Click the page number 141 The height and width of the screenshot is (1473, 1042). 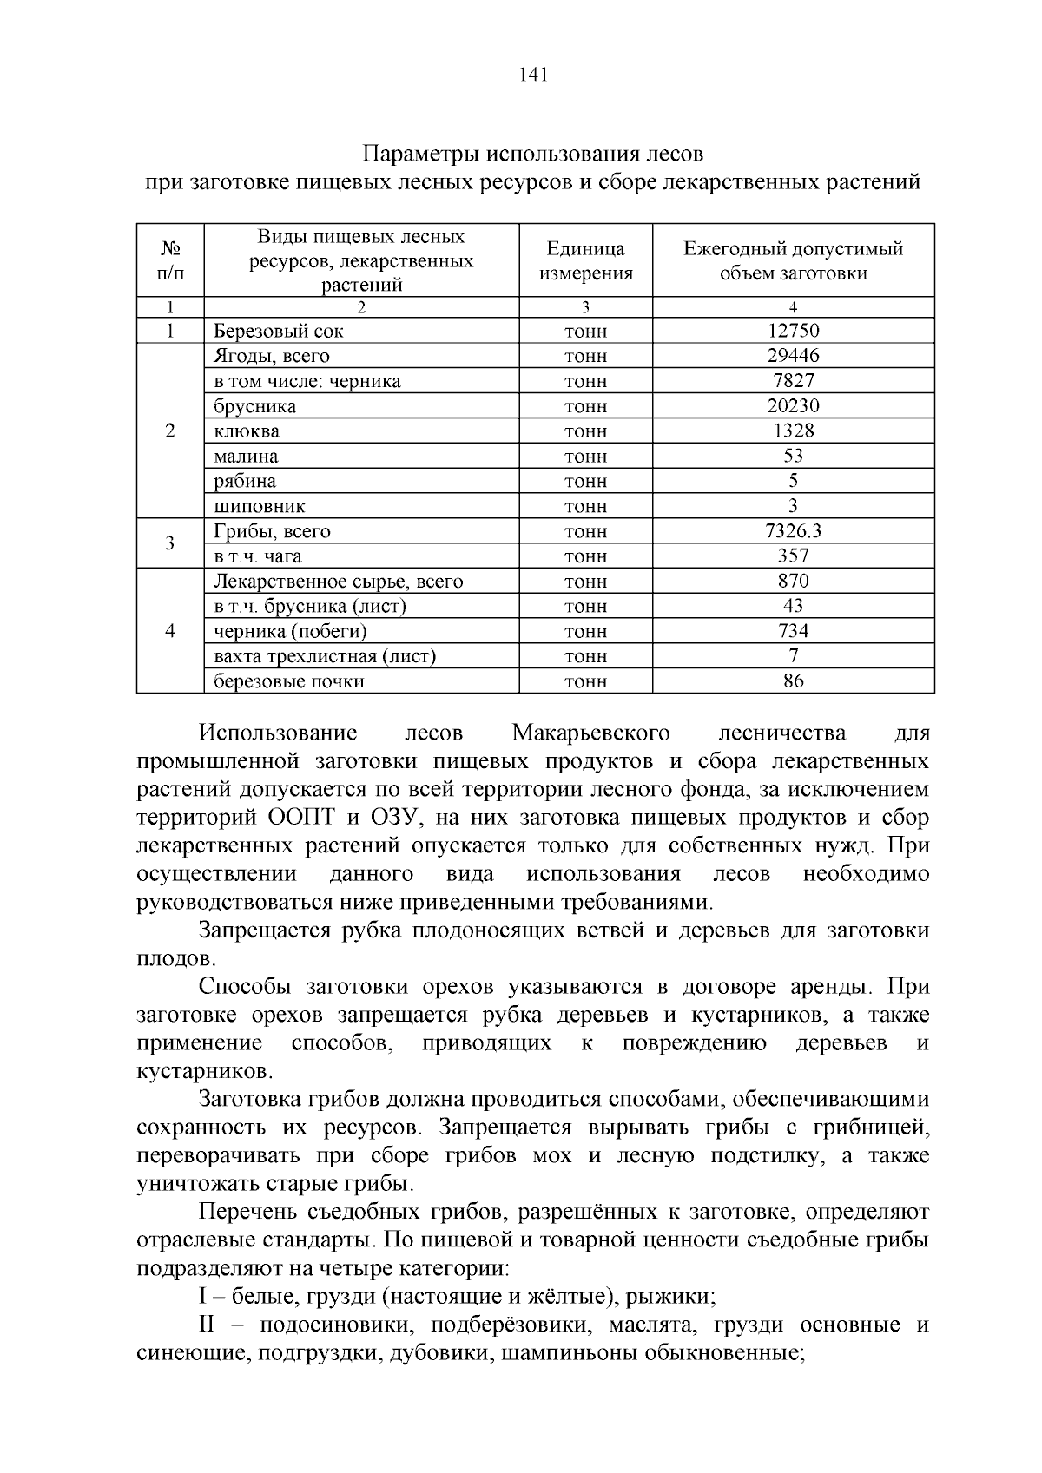(x=532, y=75)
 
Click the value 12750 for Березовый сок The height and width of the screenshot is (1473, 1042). (x=793, y=331)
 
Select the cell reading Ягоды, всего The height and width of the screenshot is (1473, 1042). (x=272, y=356)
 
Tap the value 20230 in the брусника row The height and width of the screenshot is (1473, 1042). (x=793, y=406)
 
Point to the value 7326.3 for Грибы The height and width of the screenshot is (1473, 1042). (x=793, y=531)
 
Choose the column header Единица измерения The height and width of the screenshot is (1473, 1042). (x=585, y=261)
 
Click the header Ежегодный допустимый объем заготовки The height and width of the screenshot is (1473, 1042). (x=793, y=261)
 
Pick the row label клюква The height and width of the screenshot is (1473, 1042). (x=247, y=431)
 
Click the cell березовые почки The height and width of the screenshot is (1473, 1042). (x=289, y=681)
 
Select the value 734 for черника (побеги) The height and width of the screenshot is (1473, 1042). (x=793, y=631)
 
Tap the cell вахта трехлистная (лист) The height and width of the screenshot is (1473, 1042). (x=325, y=656)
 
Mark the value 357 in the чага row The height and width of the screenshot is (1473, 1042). (x=793, y=556)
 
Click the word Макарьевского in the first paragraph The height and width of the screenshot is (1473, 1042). (x=590, y=733)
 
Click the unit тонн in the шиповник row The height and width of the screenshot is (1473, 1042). (x=585, y=506)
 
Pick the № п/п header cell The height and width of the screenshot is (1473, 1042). (x=170, y=261)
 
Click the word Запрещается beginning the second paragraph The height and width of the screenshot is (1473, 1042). (x=266, y=930)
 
